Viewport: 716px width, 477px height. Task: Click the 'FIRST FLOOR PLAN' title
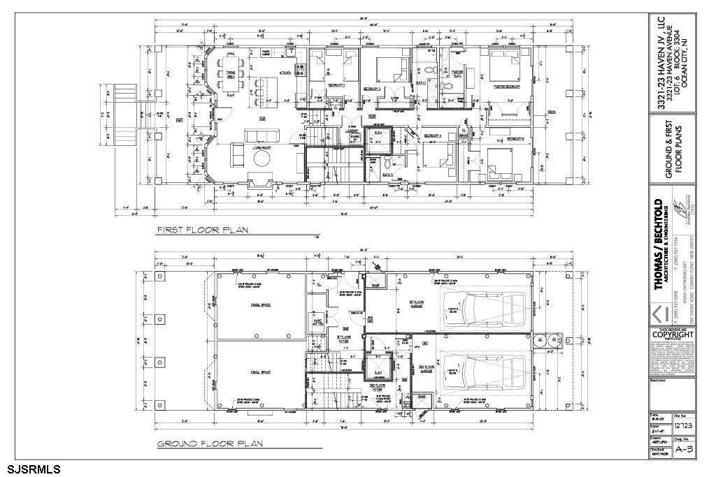203,230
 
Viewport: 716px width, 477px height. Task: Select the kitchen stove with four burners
301,70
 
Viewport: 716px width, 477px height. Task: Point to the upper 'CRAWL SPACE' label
260,305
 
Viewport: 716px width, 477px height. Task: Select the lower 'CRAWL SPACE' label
260,372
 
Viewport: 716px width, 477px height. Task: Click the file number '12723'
683,425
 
